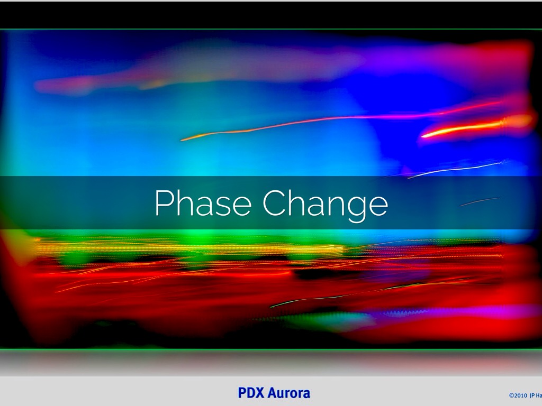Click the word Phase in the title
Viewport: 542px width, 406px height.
click(x=204, y=202)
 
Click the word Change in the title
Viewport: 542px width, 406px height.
click(x=325, y=204)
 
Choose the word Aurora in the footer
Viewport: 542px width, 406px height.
click(x=289, y=393)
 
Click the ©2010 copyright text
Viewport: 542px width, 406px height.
click(x=518, y=395)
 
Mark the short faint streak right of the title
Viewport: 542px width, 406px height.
click(x=479, y=201)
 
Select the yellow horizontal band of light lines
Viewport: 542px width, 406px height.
click(x=185, y=247)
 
